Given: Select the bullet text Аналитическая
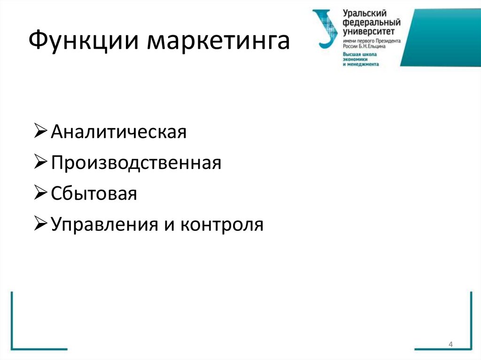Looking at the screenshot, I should point(119,132).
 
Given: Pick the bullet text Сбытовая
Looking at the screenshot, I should point(94,194).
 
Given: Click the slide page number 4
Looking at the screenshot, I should point(450,345).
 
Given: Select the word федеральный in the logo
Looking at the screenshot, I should point(371,23).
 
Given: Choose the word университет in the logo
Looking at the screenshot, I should point(369,31).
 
